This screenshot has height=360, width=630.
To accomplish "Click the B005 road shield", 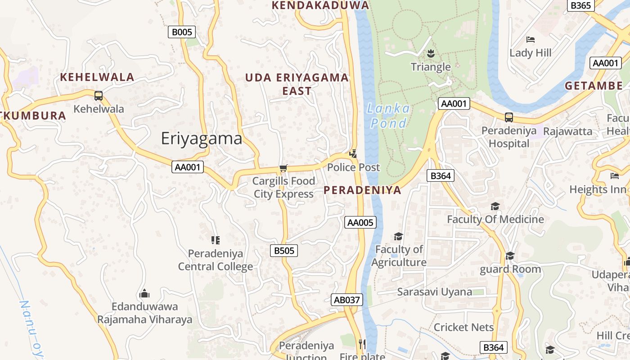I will (x=182, y=32).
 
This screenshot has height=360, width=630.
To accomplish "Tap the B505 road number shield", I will (x=284, y=251).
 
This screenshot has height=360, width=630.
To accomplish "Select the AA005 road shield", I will (x=360, y=222).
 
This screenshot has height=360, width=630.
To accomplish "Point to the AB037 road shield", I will (x=346, y=300).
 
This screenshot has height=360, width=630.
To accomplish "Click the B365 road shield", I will (x=580, y=5).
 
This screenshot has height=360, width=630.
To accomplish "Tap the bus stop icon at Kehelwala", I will (x=98, y=95).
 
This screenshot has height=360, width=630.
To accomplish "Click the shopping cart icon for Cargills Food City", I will (x=283, y=168).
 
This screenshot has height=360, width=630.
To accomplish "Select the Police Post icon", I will (x=353, y=154).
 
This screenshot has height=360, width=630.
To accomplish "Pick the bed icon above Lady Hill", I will (x=530, y=40).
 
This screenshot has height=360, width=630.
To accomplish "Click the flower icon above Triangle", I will (x=431, y=54).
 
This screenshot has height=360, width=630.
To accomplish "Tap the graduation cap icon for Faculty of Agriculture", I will (x=398, y=236).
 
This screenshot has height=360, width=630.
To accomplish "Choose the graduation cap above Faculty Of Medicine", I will (x=495, y=206).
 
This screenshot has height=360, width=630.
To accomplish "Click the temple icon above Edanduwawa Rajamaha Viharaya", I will (x=144, y=293).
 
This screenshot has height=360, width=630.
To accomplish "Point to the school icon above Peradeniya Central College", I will (x=216, y=240).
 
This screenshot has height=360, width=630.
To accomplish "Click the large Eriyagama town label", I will (x=202, y=138).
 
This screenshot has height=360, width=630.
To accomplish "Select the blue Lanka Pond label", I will (x=388, y=116).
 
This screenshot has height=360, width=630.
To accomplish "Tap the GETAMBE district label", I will (x=594, y=85).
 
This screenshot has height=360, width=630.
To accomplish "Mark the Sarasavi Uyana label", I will (x=434, y=292).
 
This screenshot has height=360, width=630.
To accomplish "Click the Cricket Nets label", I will (x=463, y=327).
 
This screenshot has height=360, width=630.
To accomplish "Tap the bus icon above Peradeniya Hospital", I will (x=509, y=117).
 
